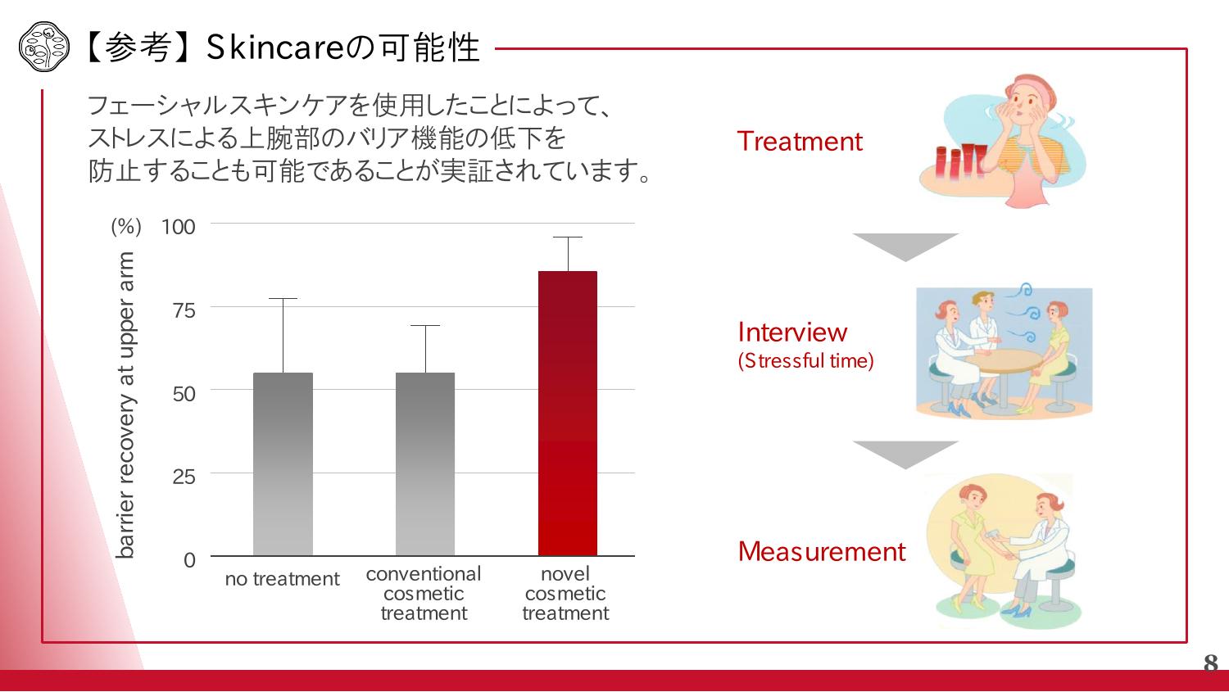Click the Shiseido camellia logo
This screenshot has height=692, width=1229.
[44, 47]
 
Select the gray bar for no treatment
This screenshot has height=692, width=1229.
[283, 464]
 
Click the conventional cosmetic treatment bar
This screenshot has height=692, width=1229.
[425, 464]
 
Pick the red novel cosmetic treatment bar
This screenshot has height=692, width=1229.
[568, 414]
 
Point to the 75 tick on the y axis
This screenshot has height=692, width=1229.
[184, 311]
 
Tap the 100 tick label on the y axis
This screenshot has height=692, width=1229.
[179, 227]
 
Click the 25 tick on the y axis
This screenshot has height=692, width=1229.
[184, 477]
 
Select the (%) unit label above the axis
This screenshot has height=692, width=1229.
[126, 227]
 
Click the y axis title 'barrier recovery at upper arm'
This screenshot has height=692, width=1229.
[125, 405]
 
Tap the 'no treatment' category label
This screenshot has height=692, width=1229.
[282, 579]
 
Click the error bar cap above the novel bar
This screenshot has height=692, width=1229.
[568, 237]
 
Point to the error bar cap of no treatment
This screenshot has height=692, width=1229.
[283, 299]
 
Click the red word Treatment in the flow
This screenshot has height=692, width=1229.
[800, 142]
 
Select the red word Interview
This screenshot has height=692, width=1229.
[792, 332]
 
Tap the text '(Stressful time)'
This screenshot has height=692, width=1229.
[805, 361]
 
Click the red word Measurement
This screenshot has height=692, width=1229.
[821, 552]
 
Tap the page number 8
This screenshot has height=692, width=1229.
[1210, 663]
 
